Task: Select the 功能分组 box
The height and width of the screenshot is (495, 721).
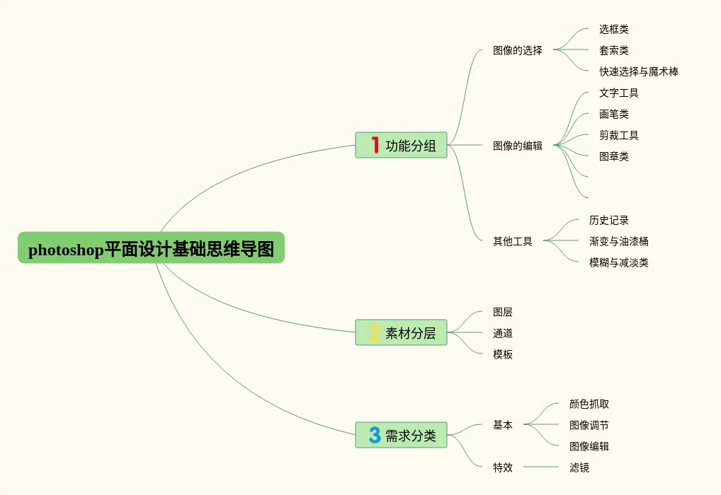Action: pos(401,145)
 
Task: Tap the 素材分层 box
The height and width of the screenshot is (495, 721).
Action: pos(401,332)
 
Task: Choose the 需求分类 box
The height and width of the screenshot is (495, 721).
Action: pos(401,435)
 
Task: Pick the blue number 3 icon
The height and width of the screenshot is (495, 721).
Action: pos(375,435)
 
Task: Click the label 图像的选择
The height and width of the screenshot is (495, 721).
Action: pos(518,50)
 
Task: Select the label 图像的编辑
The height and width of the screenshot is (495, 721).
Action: pos(518,146)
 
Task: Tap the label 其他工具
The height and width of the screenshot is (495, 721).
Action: pos(513,241)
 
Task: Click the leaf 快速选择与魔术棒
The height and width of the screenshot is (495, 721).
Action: pos(639,71)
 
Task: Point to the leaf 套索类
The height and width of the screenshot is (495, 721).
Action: pos(614,50)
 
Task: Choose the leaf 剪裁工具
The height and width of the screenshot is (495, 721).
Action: pos(619,135)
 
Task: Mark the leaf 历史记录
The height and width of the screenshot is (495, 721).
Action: pos(609,220)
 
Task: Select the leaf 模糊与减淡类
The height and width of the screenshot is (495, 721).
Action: pos(619,262)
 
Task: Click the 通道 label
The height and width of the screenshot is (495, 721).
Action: pos(503,333)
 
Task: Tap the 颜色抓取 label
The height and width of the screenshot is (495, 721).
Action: pos(589,404)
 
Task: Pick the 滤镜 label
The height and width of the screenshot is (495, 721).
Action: pos(579,467)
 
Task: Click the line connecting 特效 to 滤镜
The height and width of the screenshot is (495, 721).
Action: pos(541,467)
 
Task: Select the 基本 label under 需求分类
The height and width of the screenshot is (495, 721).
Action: pos(503,425)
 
